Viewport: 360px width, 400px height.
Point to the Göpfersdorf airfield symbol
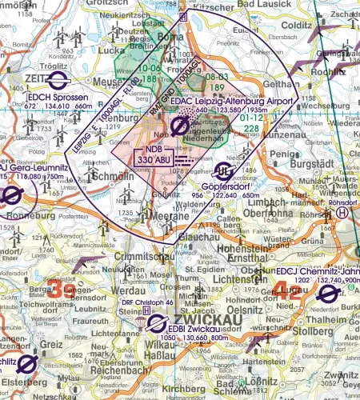tap(226, 170)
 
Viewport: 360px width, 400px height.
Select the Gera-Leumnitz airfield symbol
tap(11, 196)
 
